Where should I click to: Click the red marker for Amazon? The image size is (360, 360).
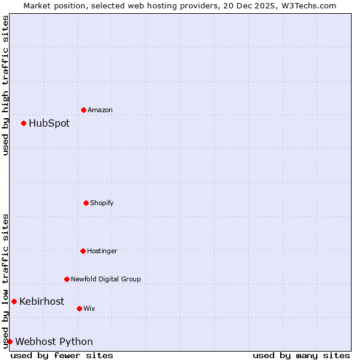(x=83, y=110)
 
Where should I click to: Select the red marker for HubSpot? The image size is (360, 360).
(x=23, y=123)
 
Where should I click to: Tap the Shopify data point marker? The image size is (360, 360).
(x=86, y=203)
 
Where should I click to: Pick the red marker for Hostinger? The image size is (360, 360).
(x=83, y=251)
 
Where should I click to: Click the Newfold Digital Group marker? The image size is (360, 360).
(x=67, y=279)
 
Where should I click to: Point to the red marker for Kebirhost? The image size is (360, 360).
(x=14, y=301)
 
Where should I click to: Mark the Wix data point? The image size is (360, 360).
(x=79, y=308)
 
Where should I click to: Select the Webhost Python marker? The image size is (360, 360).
(x=10, y=341)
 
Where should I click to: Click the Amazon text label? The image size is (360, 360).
(x=100, y=110)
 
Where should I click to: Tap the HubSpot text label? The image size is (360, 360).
(x=49, y=124)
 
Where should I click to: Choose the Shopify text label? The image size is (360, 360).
(x=102, y=203)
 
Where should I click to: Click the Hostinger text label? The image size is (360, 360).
(x=102, y=251)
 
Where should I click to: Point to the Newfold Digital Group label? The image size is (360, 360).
(x=106, y=279)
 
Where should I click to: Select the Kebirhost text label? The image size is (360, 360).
(x=41, y=302)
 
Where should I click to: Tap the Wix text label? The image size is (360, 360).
(x=89, y=308)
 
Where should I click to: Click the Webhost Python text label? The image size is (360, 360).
(x=54, y=342)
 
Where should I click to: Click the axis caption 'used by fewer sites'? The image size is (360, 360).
(x=62, y=355)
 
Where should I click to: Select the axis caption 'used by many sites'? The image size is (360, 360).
(x=301, y=355)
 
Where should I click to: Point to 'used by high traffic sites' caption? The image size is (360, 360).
(x=5, y=85)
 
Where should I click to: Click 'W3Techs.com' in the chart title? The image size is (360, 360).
(x=308, y=5)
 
